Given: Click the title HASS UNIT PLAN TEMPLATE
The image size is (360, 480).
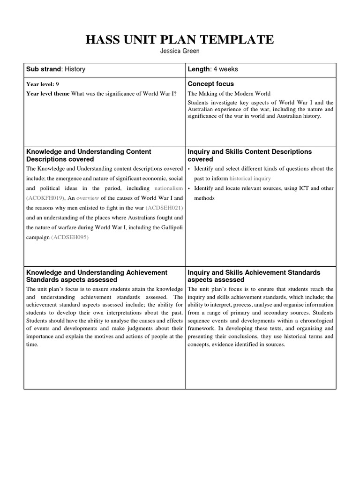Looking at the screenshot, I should click(x=180, y=40).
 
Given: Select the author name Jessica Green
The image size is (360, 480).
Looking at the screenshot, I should click(x=180, y=51).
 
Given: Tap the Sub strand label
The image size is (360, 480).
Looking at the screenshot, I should click(x=44, y=69).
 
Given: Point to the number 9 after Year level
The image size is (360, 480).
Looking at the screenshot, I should click(x=57, y=84).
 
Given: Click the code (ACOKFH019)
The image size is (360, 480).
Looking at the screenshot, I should click(x=45, y=198).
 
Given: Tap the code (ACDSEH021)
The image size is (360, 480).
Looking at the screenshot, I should click(x=164, y=208).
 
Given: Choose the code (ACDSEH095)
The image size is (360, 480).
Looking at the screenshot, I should click(x=69, y=237).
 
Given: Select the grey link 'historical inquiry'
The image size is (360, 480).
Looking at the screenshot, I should click(x=250, y=179).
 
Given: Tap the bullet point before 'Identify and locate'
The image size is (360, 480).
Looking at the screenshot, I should click(x=189, y=188).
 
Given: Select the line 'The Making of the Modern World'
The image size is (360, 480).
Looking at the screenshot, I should click(x=229, y=94).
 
